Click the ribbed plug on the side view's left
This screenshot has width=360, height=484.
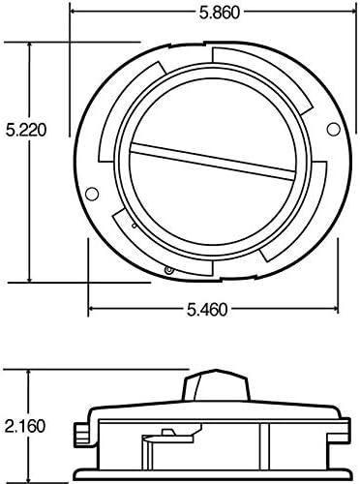coord(77,429)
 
